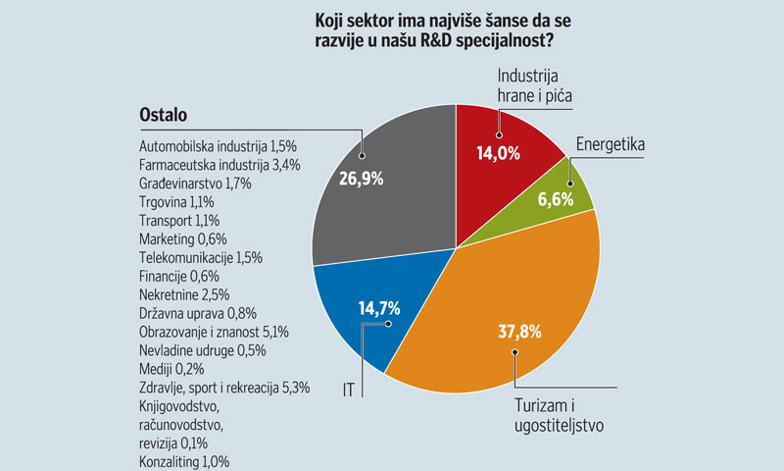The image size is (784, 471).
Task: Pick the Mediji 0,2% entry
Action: (166, 369)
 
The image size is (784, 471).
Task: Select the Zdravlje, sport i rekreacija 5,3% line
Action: (225, 388)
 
